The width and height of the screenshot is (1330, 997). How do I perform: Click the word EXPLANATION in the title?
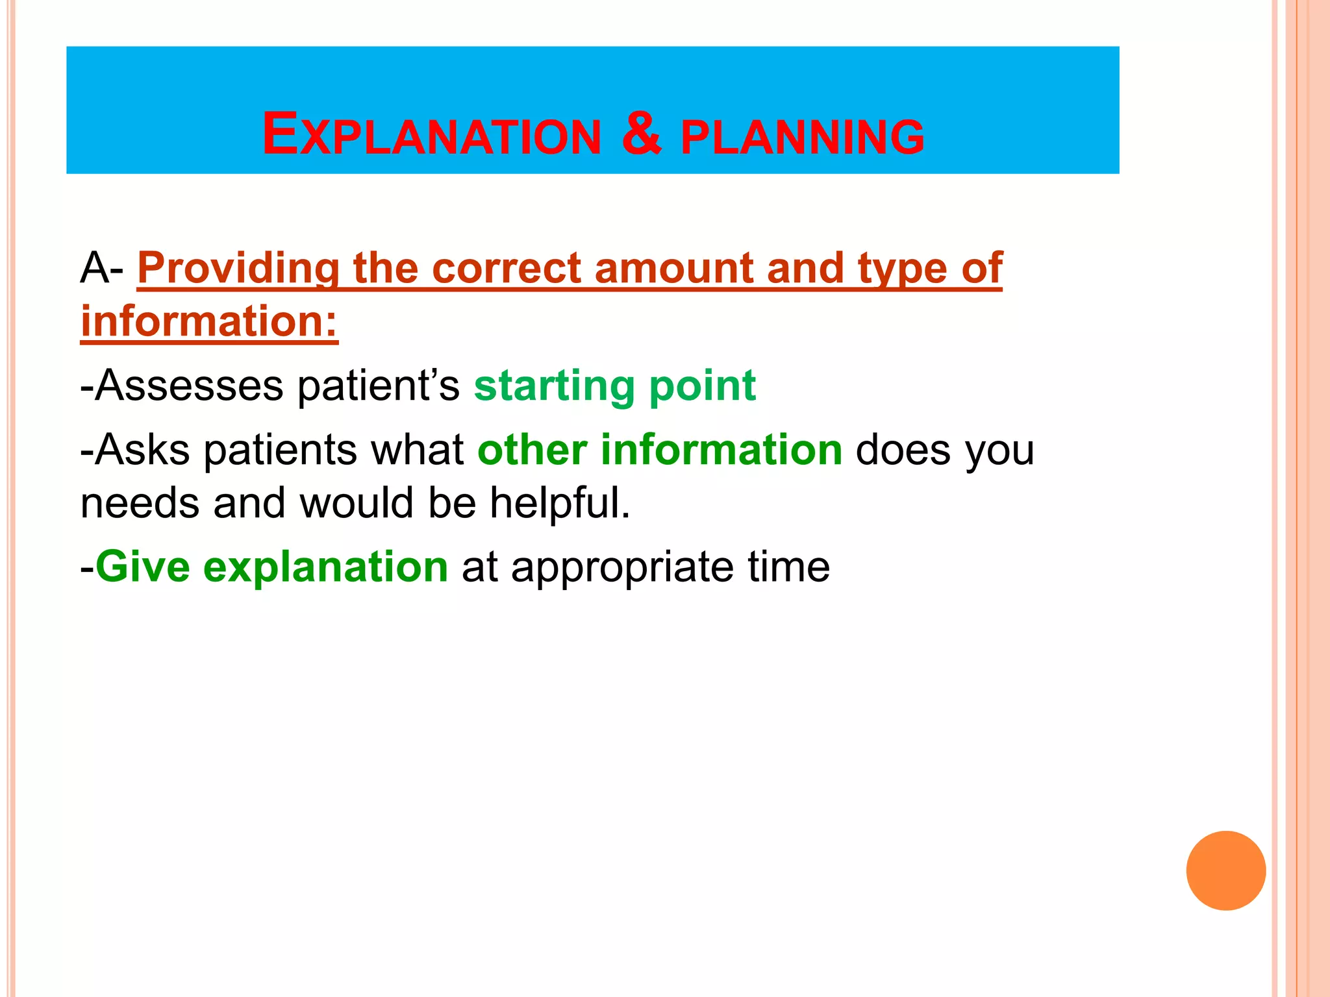tap(432, 135)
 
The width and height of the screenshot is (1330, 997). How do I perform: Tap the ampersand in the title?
tap(641, 133)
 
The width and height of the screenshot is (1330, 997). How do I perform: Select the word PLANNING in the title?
tap(802, 137)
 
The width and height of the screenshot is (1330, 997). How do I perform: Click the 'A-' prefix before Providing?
tap(101, 268)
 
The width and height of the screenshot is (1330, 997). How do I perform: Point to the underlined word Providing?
tap(238, 268)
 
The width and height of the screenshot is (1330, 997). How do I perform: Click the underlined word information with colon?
tap(209, 321)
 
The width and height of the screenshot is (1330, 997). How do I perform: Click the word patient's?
tap(379, 386)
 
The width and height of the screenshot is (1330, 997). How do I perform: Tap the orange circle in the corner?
tap(1225, 870)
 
